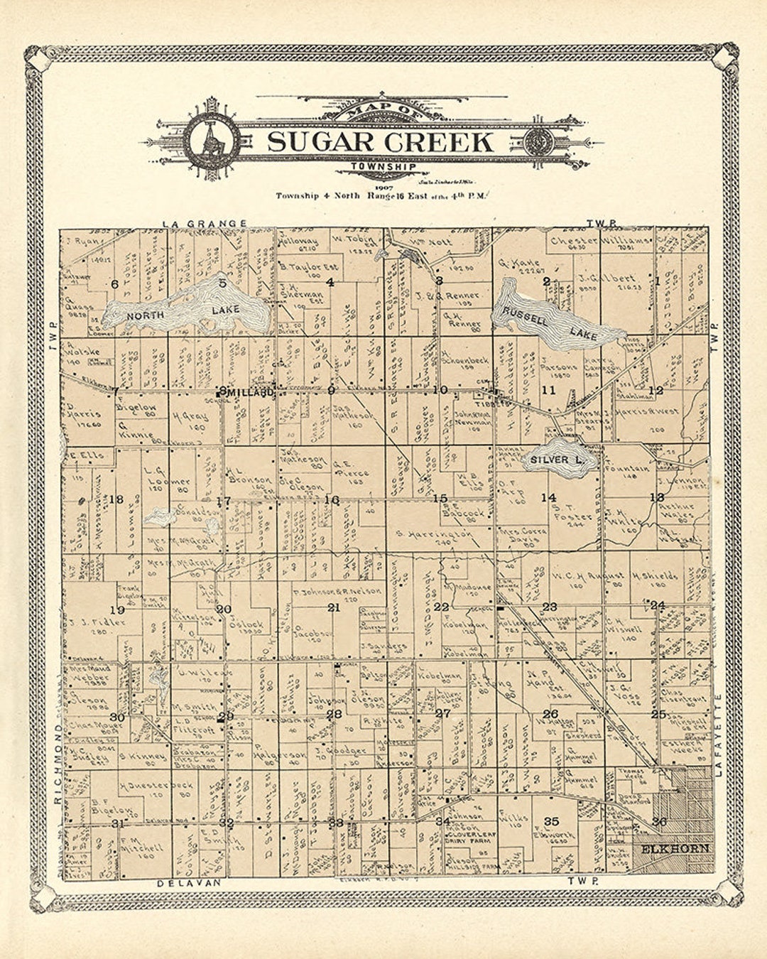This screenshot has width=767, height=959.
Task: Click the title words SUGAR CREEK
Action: point(380,142)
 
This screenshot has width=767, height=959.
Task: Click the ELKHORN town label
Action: point(675,849)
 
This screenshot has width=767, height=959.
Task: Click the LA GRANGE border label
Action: point(205,223)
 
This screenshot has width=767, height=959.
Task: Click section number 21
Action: point(334,607)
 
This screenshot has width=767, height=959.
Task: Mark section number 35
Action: point(551,822)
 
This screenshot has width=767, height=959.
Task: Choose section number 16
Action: point(332,499)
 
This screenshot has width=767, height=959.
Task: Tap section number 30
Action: point(117,717)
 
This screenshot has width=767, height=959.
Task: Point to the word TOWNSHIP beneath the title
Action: point(383,168)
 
